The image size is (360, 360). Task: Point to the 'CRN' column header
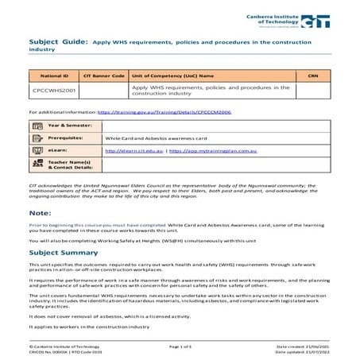click(x=312, y=75)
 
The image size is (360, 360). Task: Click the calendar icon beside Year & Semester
click(x=37, y=126)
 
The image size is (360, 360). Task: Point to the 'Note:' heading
click(x=41, y=214)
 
